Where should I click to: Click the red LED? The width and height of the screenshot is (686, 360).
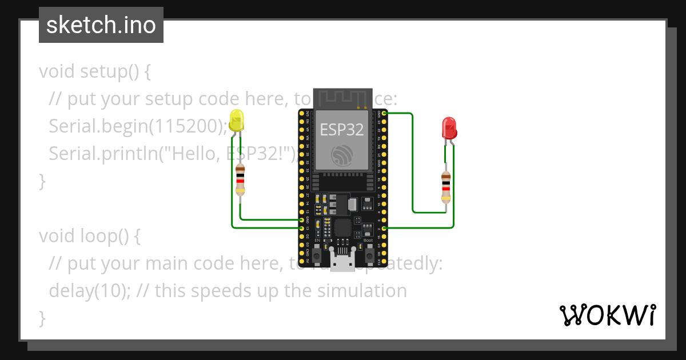coord(449,128)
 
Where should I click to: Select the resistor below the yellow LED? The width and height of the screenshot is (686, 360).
coord(241,179)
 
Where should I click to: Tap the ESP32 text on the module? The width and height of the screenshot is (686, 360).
coord(341,130)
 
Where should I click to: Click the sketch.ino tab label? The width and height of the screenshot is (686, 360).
coord(101,25)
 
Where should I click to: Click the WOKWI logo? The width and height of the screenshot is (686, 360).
coord(607,315)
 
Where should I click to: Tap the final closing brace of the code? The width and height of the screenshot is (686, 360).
coord(42,318)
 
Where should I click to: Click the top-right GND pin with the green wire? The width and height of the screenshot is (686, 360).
coord(384,113)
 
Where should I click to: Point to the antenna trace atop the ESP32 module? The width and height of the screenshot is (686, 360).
coord(341,98)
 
